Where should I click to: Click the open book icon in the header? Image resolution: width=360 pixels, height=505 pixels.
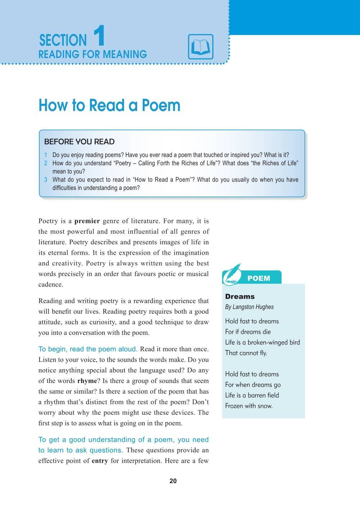[201, 47]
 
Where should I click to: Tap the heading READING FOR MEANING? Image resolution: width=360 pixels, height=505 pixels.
[93, 54]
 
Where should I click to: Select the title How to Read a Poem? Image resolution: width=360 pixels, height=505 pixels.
[109, 105]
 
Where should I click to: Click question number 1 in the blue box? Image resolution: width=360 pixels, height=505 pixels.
[46, 155]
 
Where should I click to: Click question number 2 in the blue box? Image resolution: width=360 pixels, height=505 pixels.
[46, 163]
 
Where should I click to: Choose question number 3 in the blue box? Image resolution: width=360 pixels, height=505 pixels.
[46, 180]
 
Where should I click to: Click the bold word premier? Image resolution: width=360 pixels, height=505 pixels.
[89, 221]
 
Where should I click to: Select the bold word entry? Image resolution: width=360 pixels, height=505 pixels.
[100, 461]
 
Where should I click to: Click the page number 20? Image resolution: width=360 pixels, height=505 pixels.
[173, 481]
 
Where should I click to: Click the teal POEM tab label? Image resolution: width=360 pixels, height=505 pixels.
[259, 278]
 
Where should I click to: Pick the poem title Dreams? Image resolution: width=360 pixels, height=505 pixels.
[240, 296]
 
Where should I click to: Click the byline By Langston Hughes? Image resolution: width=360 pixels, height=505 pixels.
[249, 307]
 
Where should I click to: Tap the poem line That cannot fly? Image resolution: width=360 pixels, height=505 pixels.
[246, 353]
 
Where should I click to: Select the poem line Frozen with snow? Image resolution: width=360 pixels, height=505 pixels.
[249, 406]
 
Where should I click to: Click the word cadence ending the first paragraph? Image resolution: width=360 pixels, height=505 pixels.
[51, 285]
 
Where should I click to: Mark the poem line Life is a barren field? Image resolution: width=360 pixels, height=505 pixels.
[252, 395]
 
